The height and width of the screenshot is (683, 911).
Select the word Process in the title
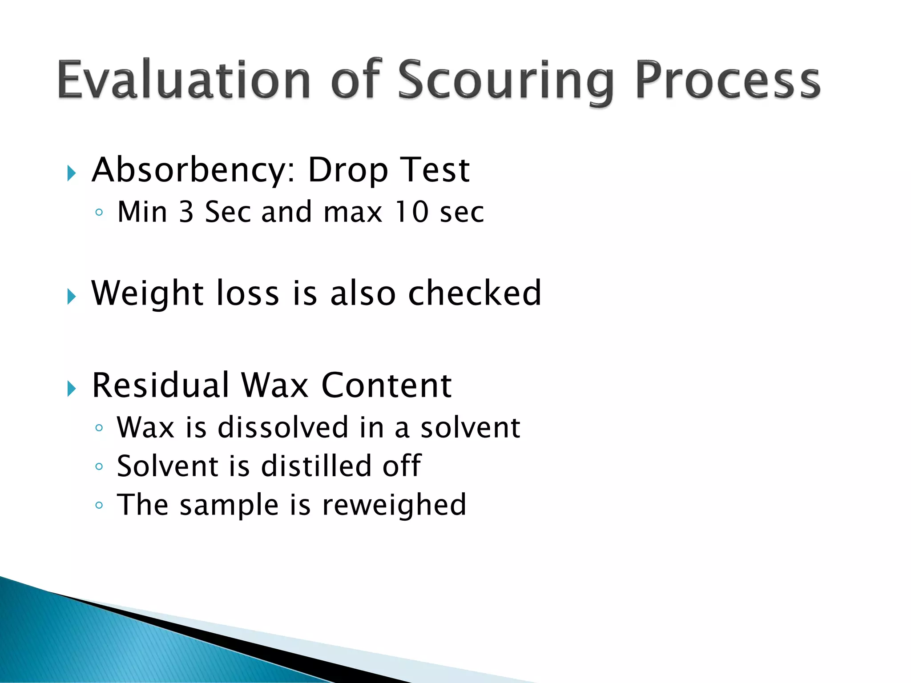pyautogui.click(x=728, y=80)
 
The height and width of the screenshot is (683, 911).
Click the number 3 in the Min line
pyautogui.click(x=186, y=212)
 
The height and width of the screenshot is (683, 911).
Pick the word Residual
pyautogui.click(x=160, y=386)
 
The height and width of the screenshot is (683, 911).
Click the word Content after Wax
pyautogui.click(x=386, y=386)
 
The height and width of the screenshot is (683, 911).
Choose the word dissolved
pyautogui.click(x=283, y=427)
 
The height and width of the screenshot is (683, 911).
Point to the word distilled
pyautogui.click(x=316, y=466)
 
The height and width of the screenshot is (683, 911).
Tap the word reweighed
pyautogui.click(x=394, y=505)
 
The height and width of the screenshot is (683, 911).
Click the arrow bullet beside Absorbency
pyautogui.click(x=72, y=173)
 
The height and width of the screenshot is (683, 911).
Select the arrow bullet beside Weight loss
pyautogui.click(x=72, y=297)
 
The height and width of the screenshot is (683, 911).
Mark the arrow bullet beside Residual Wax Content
pyautogui.click(x=72, y=389)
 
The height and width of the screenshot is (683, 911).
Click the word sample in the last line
pyautogui.click(x=229, y=505)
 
